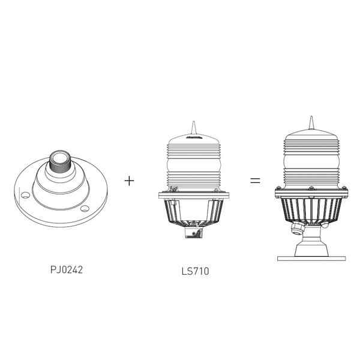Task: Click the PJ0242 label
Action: [67, 269]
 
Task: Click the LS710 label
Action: [196, 271]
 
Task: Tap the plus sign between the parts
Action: [129, 181]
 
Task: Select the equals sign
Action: [255, 181]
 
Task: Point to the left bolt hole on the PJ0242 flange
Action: [25, 196]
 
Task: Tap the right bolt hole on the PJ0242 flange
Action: [85, 208]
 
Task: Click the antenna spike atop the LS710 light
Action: [194, 127]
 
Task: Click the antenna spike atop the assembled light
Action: [311, 123]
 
